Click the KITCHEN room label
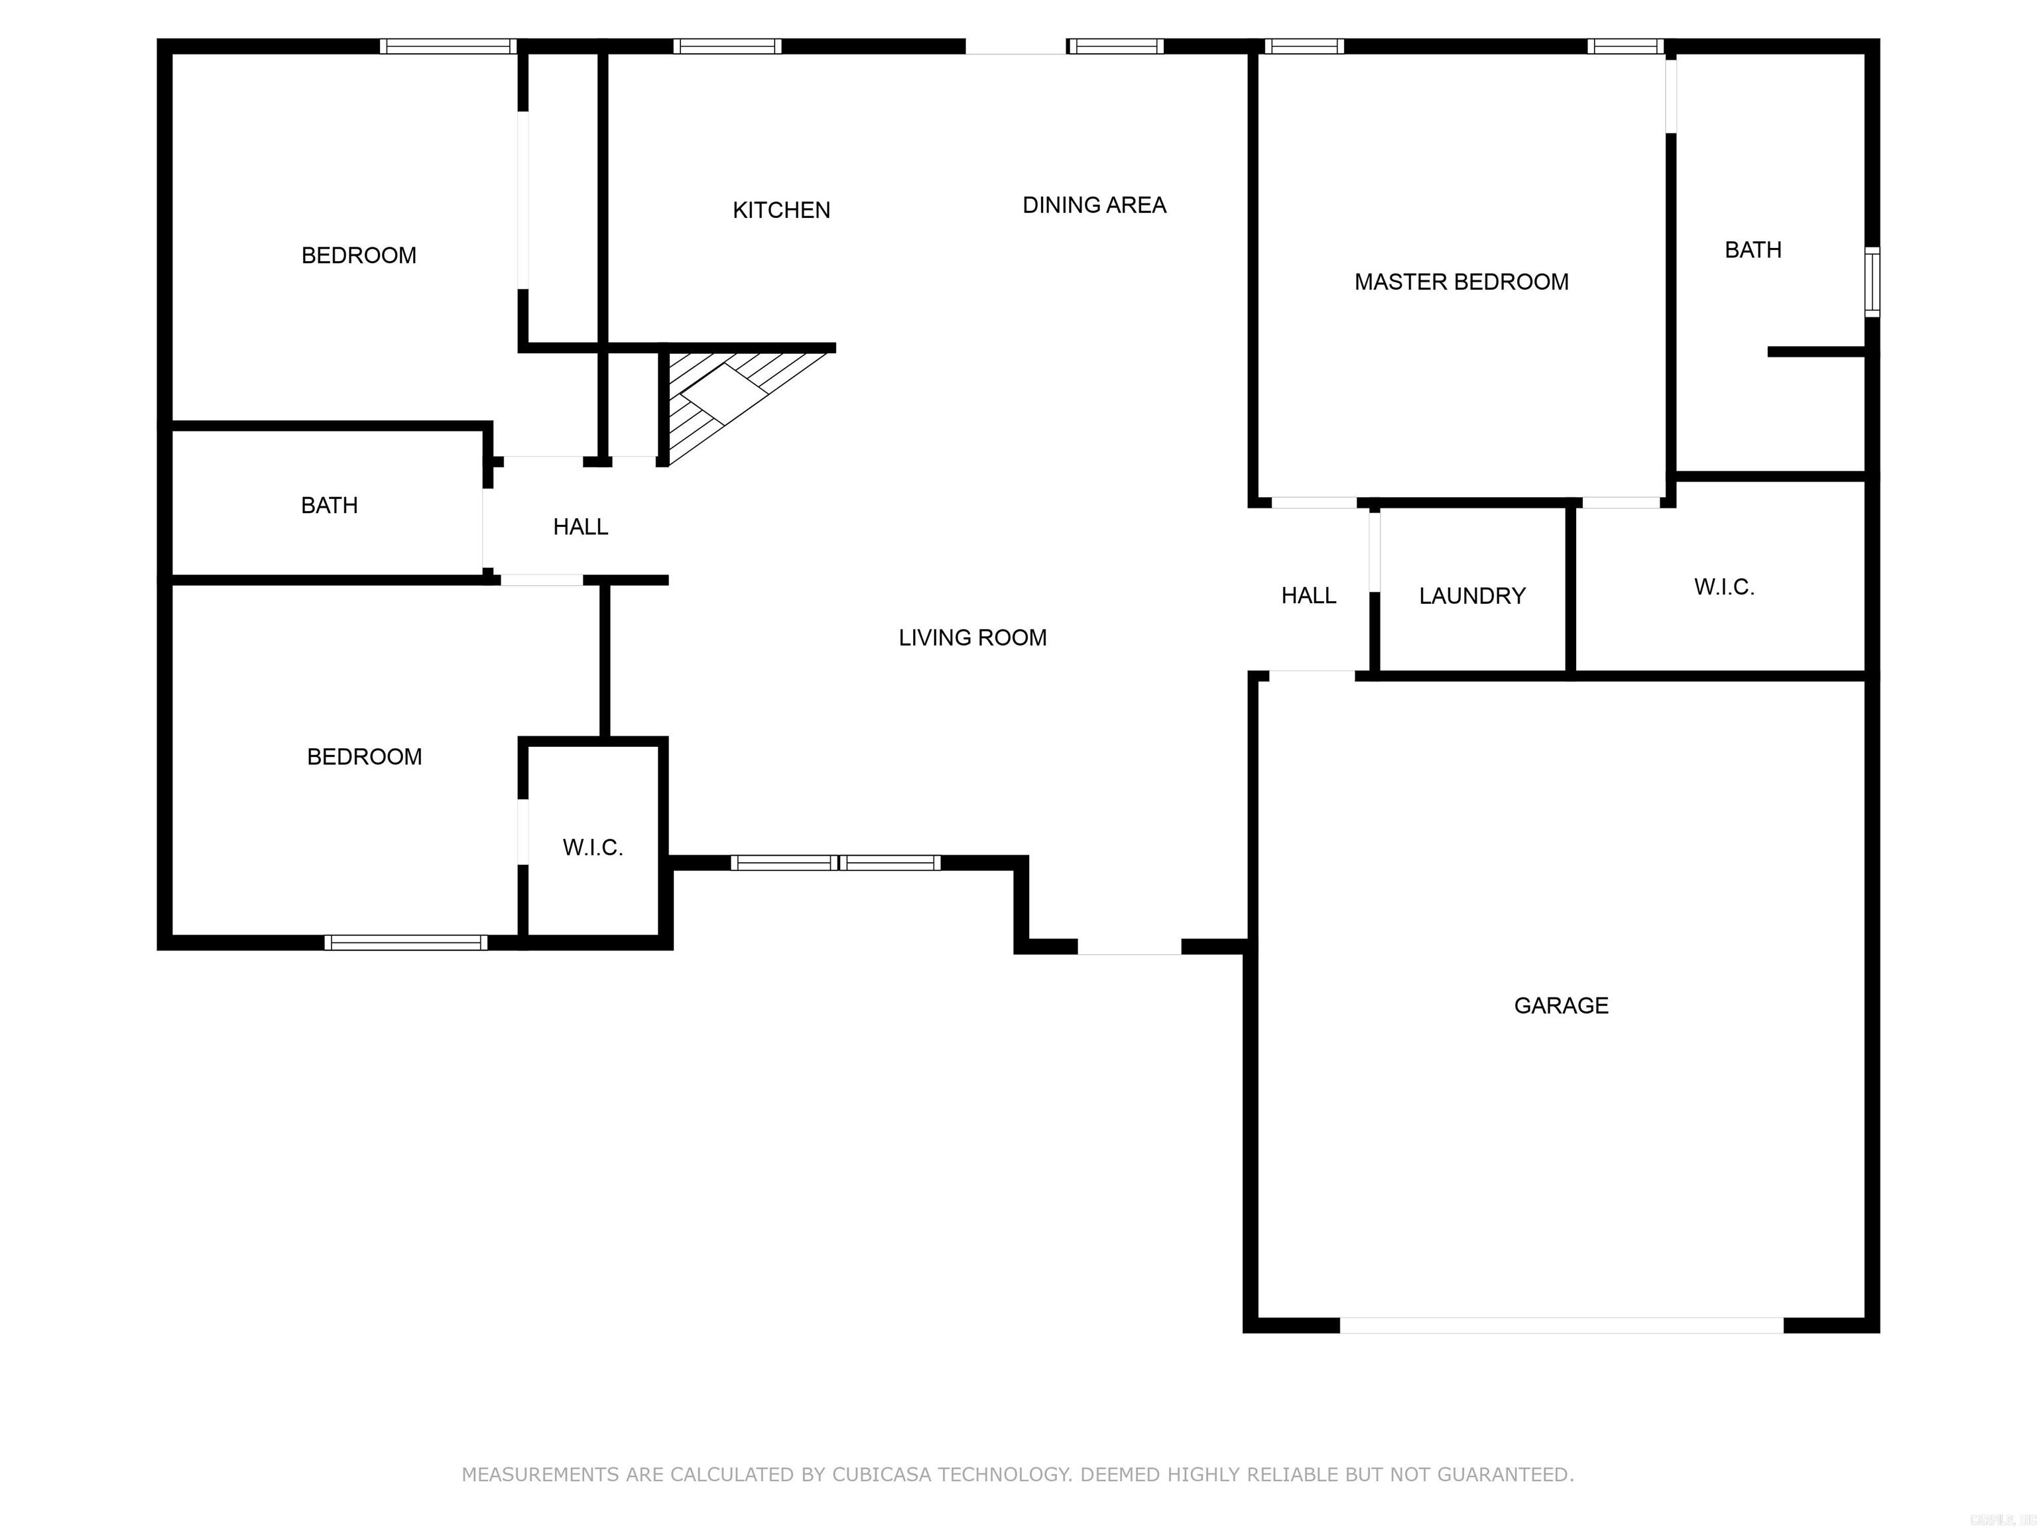pyautogui.click(x=781, y=210)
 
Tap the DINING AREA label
pyautogui.click(x=1094, y=205)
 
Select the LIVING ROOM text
pyautogui.click(x=973, y=638)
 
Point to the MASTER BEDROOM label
pyautogui.click(x=1461, y=282)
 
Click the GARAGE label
pyautogui.click(x=1561, y=1005)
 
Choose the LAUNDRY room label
pyautogui.click(x=1471, y=596)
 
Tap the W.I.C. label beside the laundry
pyautogui.click(x=1724, y=587)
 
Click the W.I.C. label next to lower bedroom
pyautogui.click(x=593, y=848)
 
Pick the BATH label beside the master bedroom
pyautogui.click(x=1753, y=249)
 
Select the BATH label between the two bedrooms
pyautogui.click(x=329, y=505)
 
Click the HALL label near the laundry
pyautogui.click(x=1308, y=596)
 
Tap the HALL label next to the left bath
pyautogui.click(x=580, y=526)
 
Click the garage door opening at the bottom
pyautogui.click(x=1561, y=1326)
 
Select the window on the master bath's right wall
pyautogui.click(x=1872, y=282)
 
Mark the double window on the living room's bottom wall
pyautogui.click(x=835, y=862)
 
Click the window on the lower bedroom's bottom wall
pyautogui.click(x=405, y=942)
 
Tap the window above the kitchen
pyautogui.click(x=727, y=46)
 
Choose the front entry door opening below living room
pyautogui.click(x=1129, y=946)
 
